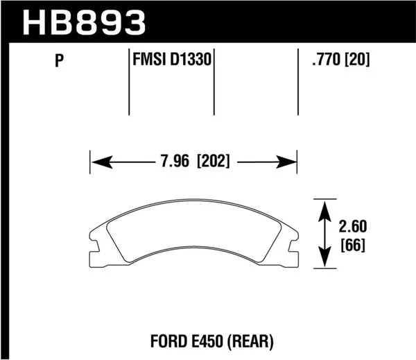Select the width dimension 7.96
click(x=173, y=164)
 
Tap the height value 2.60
click(x=354, y=227)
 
